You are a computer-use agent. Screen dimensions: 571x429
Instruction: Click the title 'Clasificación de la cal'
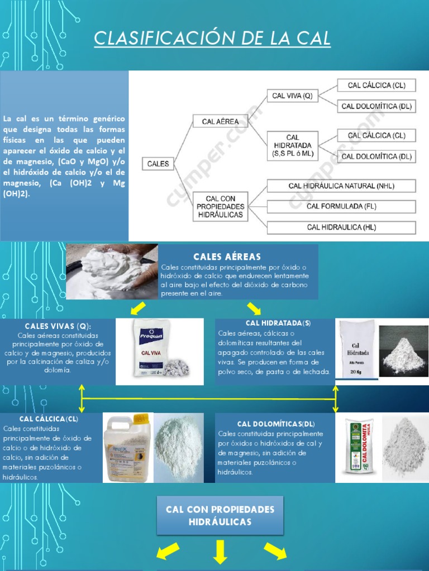(x=212, y=38)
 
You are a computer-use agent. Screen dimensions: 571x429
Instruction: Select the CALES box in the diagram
(x=158, y=164)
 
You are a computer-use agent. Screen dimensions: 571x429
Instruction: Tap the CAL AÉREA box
(x=220, y=121)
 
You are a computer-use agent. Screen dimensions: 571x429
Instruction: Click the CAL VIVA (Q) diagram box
(x=292, y=96)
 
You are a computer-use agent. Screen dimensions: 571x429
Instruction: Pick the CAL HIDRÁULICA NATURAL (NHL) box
(x=341, y=185)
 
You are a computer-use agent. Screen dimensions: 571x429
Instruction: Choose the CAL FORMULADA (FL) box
(x=341, y=206)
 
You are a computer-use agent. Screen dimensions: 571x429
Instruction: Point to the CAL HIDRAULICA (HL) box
(x=341, y=227)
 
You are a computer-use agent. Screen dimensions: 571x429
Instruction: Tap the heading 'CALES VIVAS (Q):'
(x=58, y=326)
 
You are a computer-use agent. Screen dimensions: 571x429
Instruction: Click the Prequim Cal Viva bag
(x=147, y=352)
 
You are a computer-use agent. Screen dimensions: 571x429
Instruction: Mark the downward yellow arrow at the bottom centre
(x=219, y=551)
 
